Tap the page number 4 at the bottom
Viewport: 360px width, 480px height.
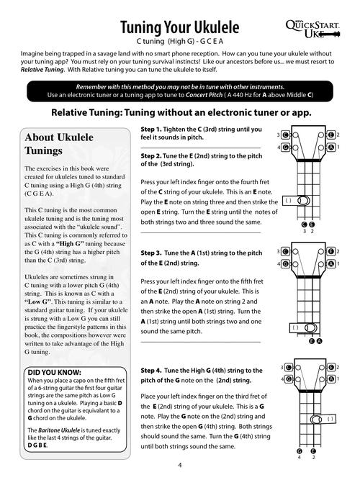tap(179, 466)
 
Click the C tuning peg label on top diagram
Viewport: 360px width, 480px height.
tap(286, 135)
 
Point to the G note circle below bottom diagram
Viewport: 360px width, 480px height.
tap(299, 449)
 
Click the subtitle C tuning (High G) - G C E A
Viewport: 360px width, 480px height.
tap(179, 42)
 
